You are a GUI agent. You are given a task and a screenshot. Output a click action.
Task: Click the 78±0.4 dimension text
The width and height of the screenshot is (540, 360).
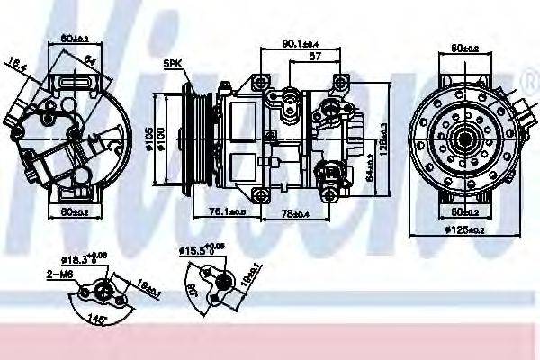294,212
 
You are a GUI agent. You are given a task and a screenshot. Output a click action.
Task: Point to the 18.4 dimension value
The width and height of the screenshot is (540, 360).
18,62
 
